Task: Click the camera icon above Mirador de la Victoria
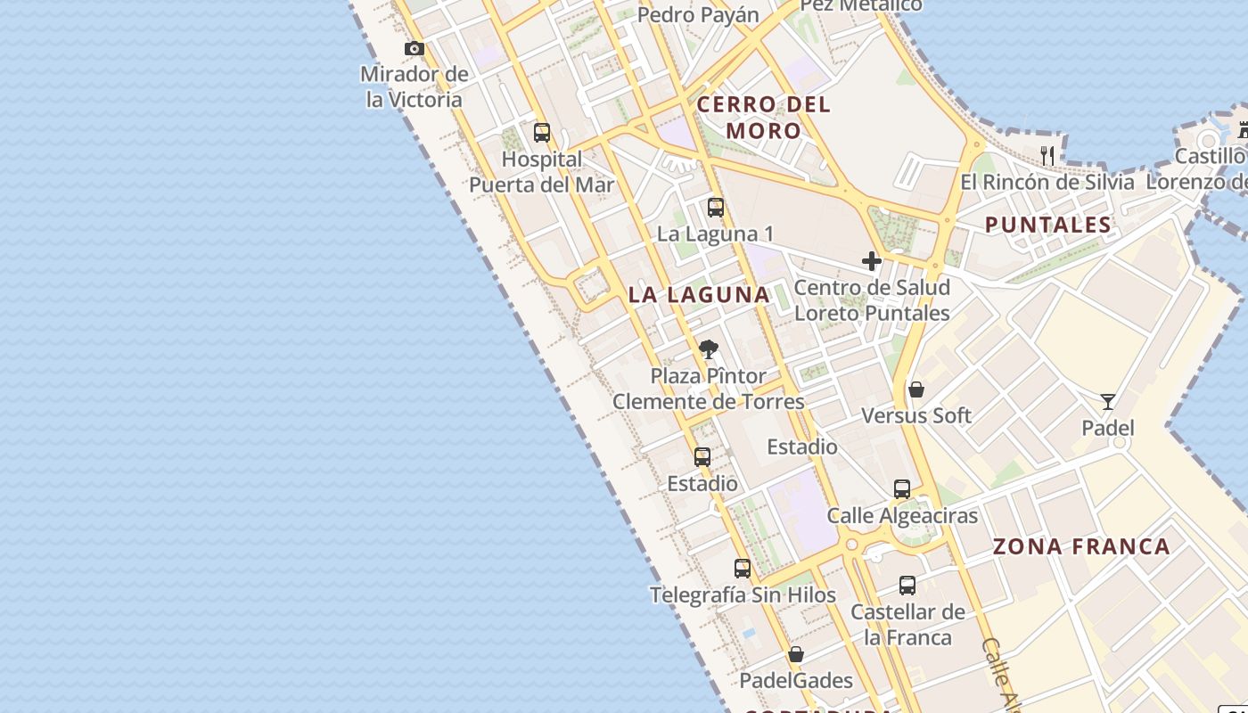click(415, 49)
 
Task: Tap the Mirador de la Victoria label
click(415, 86)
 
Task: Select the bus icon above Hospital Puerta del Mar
click(541, 134)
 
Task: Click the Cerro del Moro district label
click(764, 118)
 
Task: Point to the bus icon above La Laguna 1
click(716, 209)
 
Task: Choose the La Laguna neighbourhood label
click(699, 295)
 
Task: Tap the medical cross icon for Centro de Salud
click(872, 261)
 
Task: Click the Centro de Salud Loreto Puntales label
click(872, 300)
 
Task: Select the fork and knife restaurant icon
click(1047, 156)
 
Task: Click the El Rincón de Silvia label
click(1047, 183)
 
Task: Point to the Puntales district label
click(1048, 225)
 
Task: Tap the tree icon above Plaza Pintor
click(709, 348)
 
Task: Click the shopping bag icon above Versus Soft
click(915, 389)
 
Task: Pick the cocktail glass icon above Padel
click(1107, 402)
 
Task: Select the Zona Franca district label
click(1081, 546)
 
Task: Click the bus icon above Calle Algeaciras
click(902, 489)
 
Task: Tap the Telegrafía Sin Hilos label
click(743, 595)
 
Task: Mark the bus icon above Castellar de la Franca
click(907, 586)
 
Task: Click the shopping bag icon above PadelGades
click(796, 654)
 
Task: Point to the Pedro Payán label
click(698, 15)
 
